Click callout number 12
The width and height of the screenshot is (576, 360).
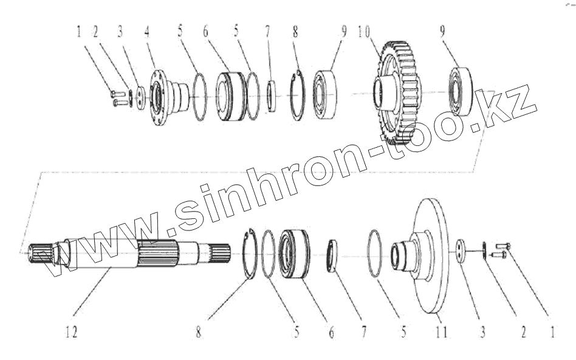(x=72, y=333)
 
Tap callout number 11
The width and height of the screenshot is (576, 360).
(x=441, y=333)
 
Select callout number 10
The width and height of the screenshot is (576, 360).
(x=364, y=32)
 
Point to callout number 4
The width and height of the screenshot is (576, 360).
(x=147, y=32)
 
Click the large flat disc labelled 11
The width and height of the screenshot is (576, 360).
(x=428, y=256)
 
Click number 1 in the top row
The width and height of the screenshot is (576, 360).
(x=78, y=32)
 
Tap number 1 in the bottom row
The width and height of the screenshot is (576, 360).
(x=552, y=333)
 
